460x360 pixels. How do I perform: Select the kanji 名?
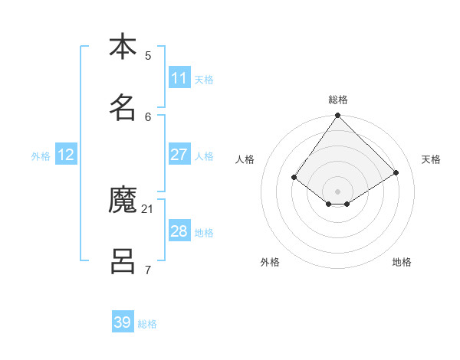(123, 107)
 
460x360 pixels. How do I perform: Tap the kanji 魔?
(123, 201)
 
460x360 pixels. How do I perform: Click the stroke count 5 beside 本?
(148, 55)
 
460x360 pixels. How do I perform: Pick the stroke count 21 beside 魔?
(148, 208)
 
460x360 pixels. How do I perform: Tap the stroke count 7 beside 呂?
(148, 270)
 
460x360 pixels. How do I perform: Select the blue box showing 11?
(179, 78)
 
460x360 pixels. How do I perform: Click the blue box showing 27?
(179, 155)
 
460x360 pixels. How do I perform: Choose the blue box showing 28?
(179, 231)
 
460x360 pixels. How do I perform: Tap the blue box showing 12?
(66, 155)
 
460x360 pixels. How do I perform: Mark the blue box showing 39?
(123, 322)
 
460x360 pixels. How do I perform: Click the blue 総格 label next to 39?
(147, 324)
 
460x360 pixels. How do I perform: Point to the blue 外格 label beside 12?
(41, 156)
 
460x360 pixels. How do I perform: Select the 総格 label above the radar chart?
(338, 100)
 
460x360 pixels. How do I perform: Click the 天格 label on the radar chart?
(431, 159)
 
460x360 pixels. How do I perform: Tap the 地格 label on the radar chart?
(402, 262)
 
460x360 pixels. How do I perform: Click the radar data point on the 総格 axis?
(337, 116)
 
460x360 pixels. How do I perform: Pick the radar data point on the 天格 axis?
(396, 172)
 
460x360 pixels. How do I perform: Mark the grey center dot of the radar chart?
(337, 191)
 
